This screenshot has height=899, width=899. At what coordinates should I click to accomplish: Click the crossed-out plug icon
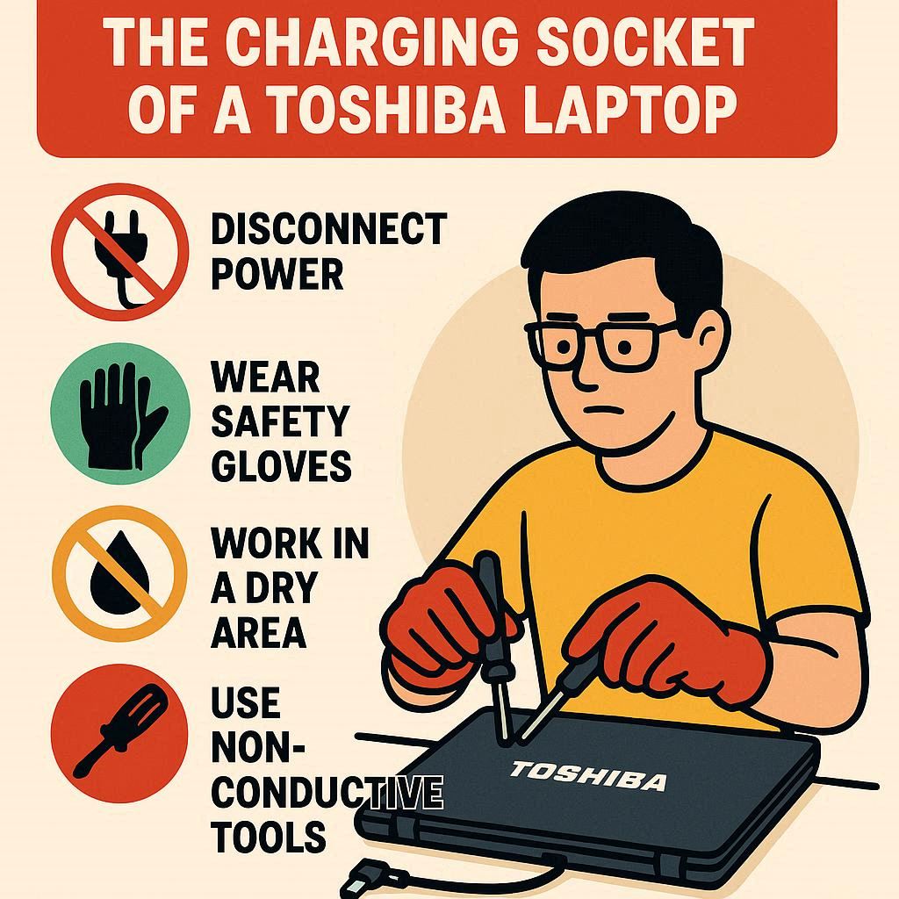tap(119, 252)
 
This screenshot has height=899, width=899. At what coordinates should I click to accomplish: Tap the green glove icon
tap(119, 413)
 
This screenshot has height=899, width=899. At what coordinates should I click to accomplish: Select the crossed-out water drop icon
tap(119, 573)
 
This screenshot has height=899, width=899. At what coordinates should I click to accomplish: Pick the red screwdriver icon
tap(119, 734)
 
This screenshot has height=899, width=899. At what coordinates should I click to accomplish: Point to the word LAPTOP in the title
tap(629, 110)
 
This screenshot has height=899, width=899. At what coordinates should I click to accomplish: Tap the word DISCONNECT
tap(328, 229)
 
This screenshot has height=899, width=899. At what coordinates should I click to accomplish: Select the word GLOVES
tap(282, 465)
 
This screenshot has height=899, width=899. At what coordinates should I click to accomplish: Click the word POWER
tap(277, 274)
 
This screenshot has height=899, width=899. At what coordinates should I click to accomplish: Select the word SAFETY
tap(280, 421)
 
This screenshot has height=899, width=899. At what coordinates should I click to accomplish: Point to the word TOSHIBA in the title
tap(387, 110)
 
